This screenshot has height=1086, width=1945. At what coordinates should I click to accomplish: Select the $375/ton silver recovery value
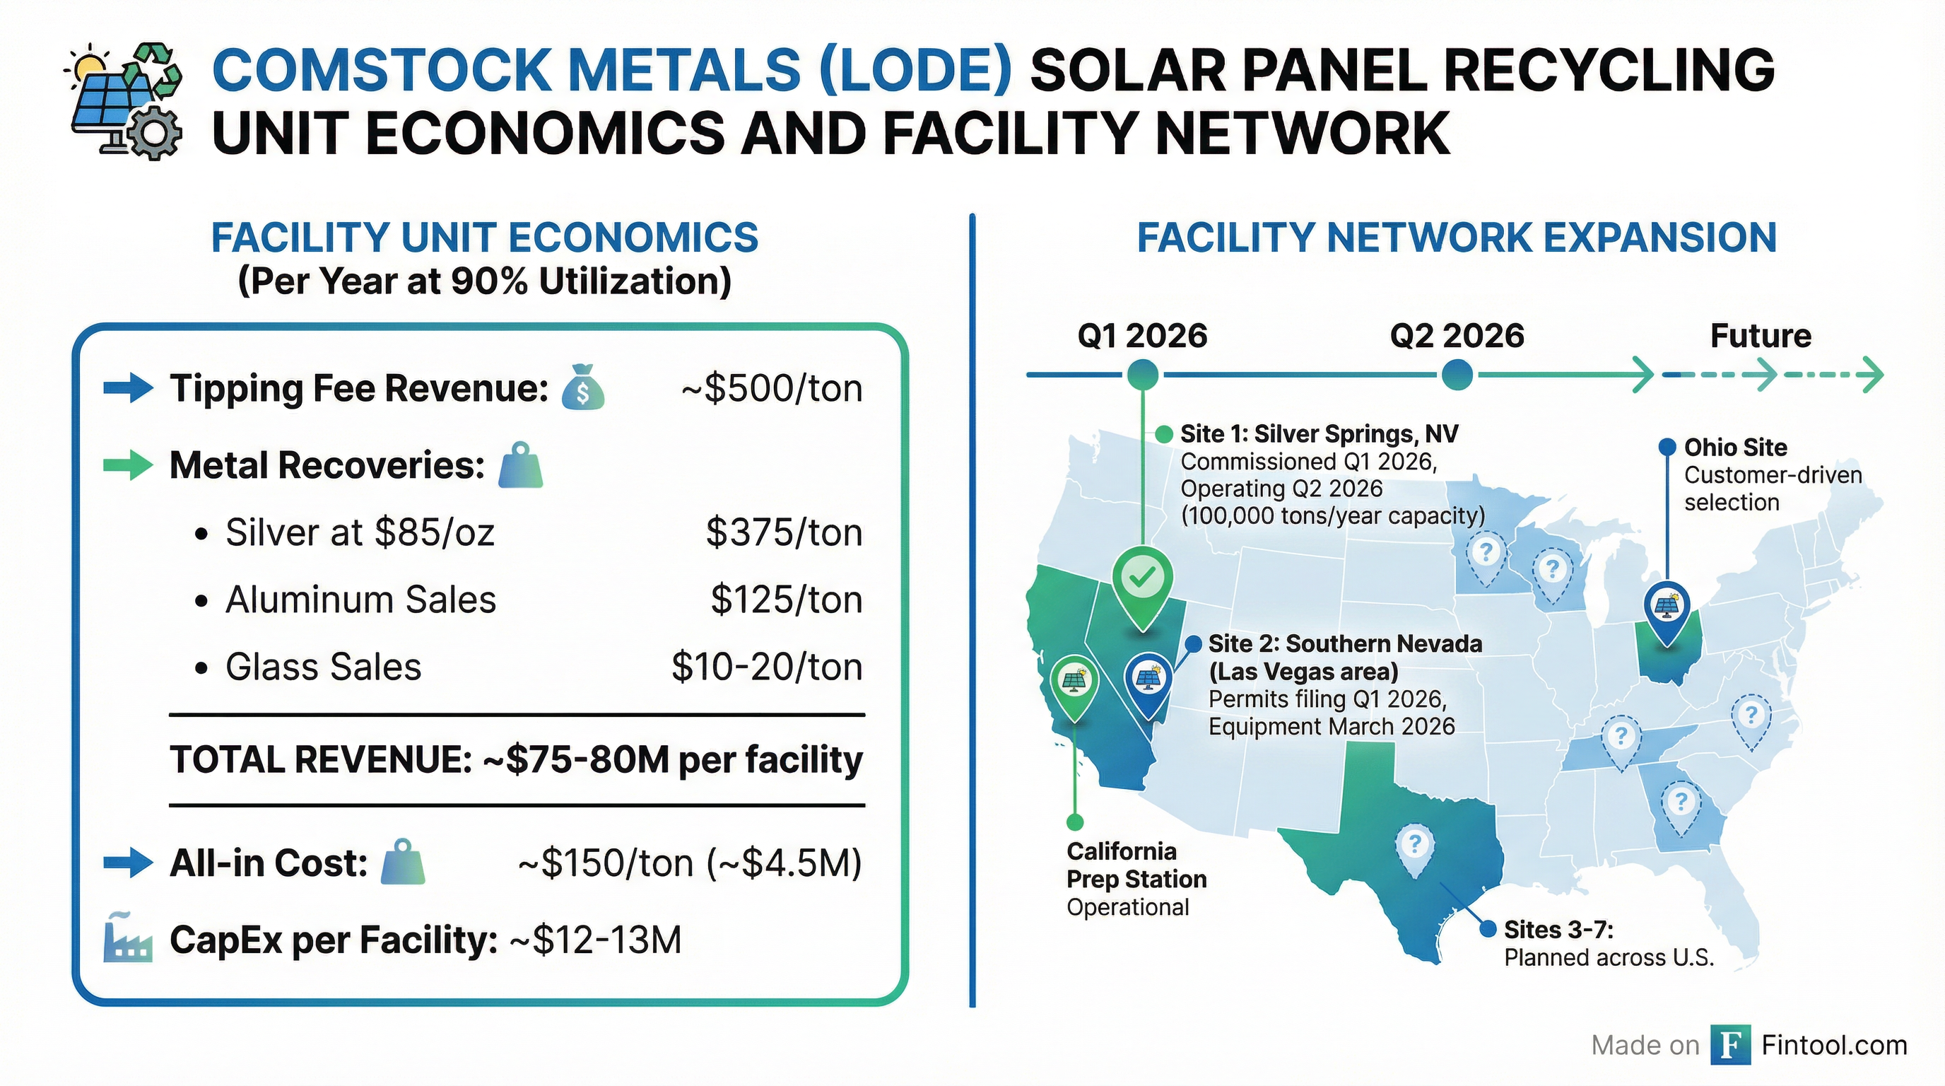pos(784,532)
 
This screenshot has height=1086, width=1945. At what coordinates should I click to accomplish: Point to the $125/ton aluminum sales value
pos(786,600)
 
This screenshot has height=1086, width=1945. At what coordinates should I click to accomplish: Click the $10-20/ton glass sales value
pos(766,667)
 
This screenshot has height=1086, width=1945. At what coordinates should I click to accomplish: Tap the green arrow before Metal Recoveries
pos(128,465)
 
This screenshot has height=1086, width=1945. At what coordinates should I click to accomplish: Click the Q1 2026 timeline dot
pos(1142,374)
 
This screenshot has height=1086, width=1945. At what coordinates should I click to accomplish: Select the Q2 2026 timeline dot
pos(1457,374)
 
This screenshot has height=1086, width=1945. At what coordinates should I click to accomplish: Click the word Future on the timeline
pos(1760,336)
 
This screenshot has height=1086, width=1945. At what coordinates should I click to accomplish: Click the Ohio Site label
pos(1735,448)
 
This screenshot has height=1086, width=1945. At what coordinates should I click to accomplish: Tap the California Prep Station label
pos(1136,865)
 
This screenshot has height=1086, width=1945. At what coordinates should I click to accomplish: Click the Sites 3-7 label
pos(1558,930)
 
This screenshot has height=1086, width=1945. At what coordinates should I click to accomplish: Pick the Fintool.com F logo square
pos(1730,1045)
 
